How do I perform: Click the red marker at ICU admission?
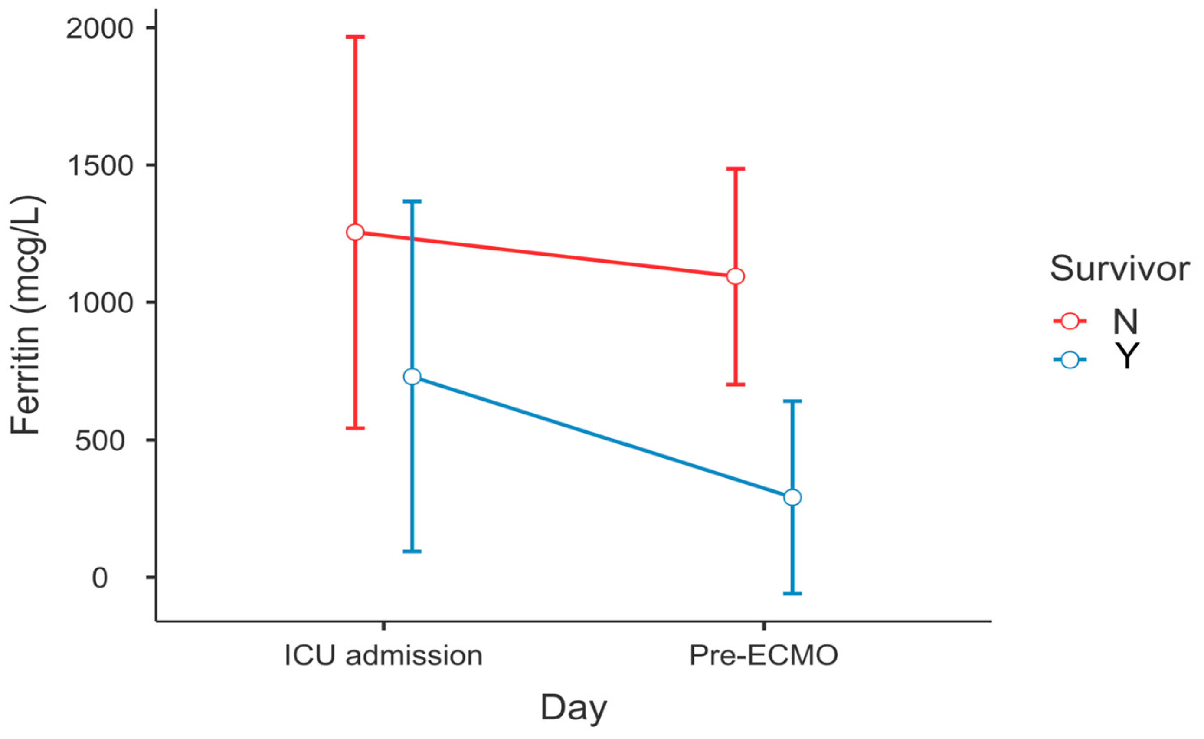pyautogui.click(x=355, y=232)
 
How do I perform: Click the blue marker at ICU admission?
pyautogui.click(x=412, y=376)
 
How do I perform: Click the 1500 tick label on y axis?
pyautogui.click(x=100, y=166)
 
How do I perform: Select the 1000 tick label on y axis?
pyautogui.click(x=100, y=303)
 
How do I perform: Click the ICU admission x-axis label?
pyautogui.click(x=383, y=655)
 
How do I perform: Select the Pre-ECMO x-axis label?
pyautogui.click(x=763, y=655)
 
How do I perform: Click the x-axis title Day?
pyautogui.click(x=573, y=707)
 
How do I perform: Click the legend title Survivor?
pyautogui.click(x=1119, y=268)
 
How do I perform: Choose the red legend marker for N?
pyautogui.click(x=1070, y=321)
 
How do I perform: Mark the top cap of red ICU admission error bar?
pyautogui.click(x=355, y=36)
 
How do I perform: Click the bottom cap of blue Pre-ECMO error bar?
pyautogui.click(x=792, y=593)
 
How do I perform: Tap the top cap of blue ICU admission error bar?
pyautogui.click(x=412, y=201)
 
